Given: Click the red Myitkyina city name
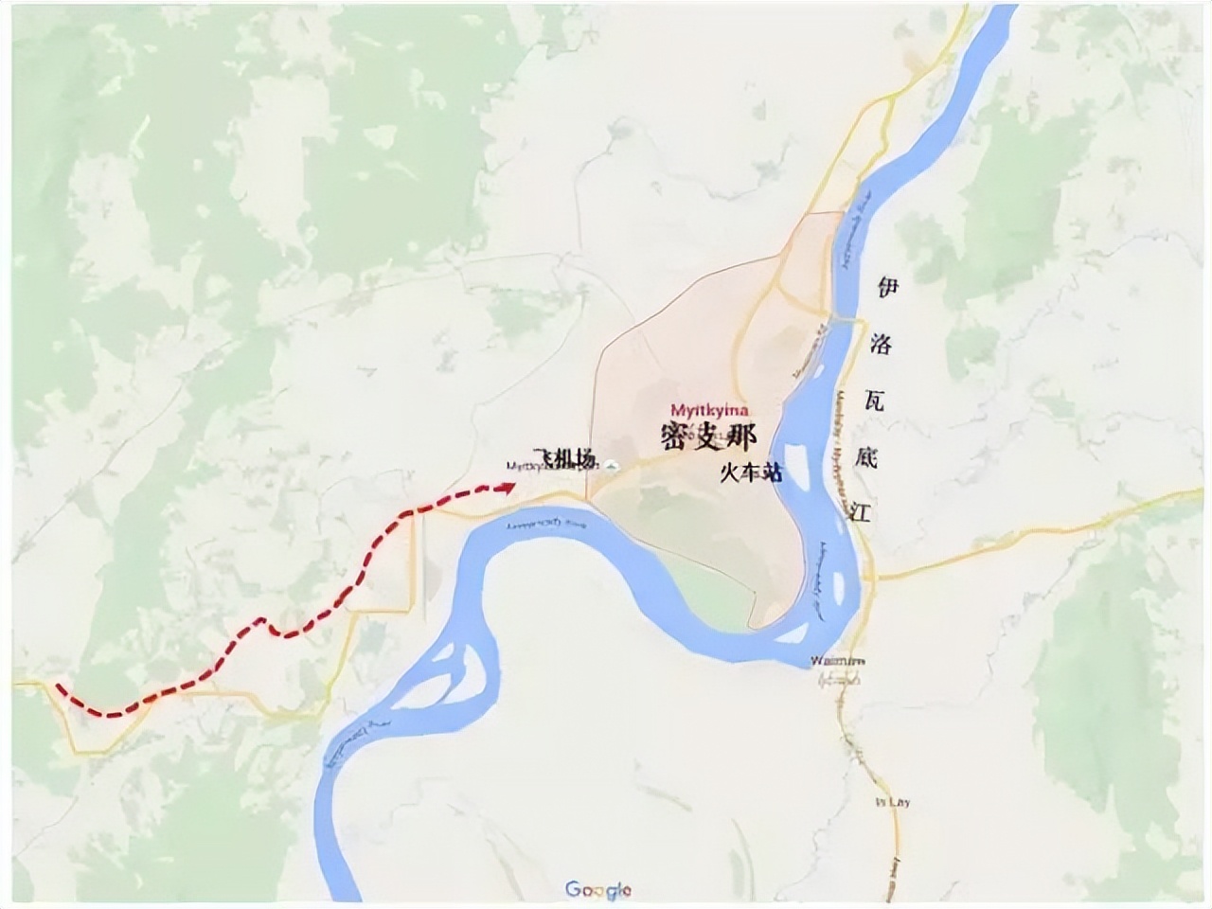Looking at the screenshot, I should [709, 410].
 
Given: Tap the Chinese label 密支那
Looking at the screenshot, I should [709, 437].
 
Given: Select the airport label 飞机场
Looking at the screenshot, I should [566, 459].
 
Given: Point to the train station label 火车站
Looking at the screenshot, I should [751, 473].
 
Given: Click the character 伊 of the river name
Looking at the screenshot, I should [886, 287].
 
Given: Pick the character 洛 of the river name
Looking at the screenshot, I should [882, 344].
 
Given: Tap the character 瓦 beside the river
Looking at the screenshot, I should [875, 401].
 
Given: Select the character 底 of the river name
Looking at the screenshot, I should [866, 457].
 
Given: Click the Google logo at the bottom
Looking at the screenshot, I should [598, 890].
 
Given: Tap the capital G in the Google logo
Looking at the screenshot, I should [574, 889].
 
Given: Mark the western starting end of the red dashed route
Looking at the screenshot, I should [58, 686].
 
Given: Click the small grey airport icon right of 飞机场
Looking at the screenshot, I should [611, 465].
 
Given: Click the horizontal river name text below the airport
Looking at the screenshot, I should [547, 525].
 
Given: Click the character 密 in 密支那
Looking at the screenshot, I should [678, 437].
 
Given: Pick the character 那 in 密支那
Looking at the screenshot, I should [740, 437].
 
